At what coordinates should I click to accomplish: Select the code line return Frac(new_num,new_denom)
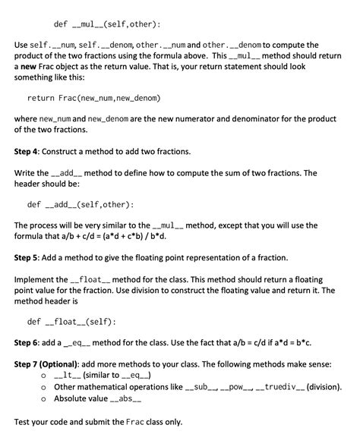point(94,99)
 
